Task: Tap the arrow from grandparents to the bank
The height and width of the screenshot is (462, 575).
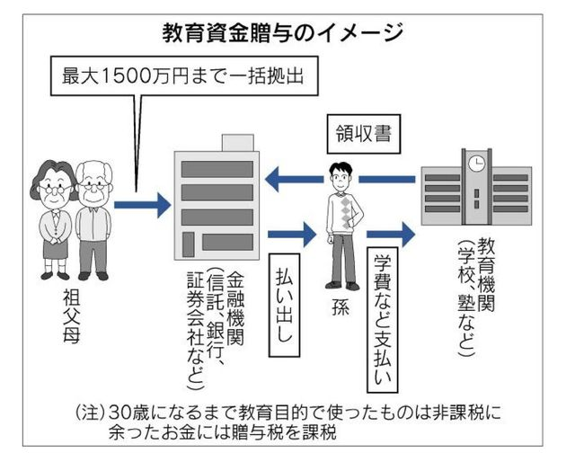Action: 144,205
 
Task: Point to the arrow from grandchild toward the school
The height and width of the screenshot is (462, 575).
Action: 392,236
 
